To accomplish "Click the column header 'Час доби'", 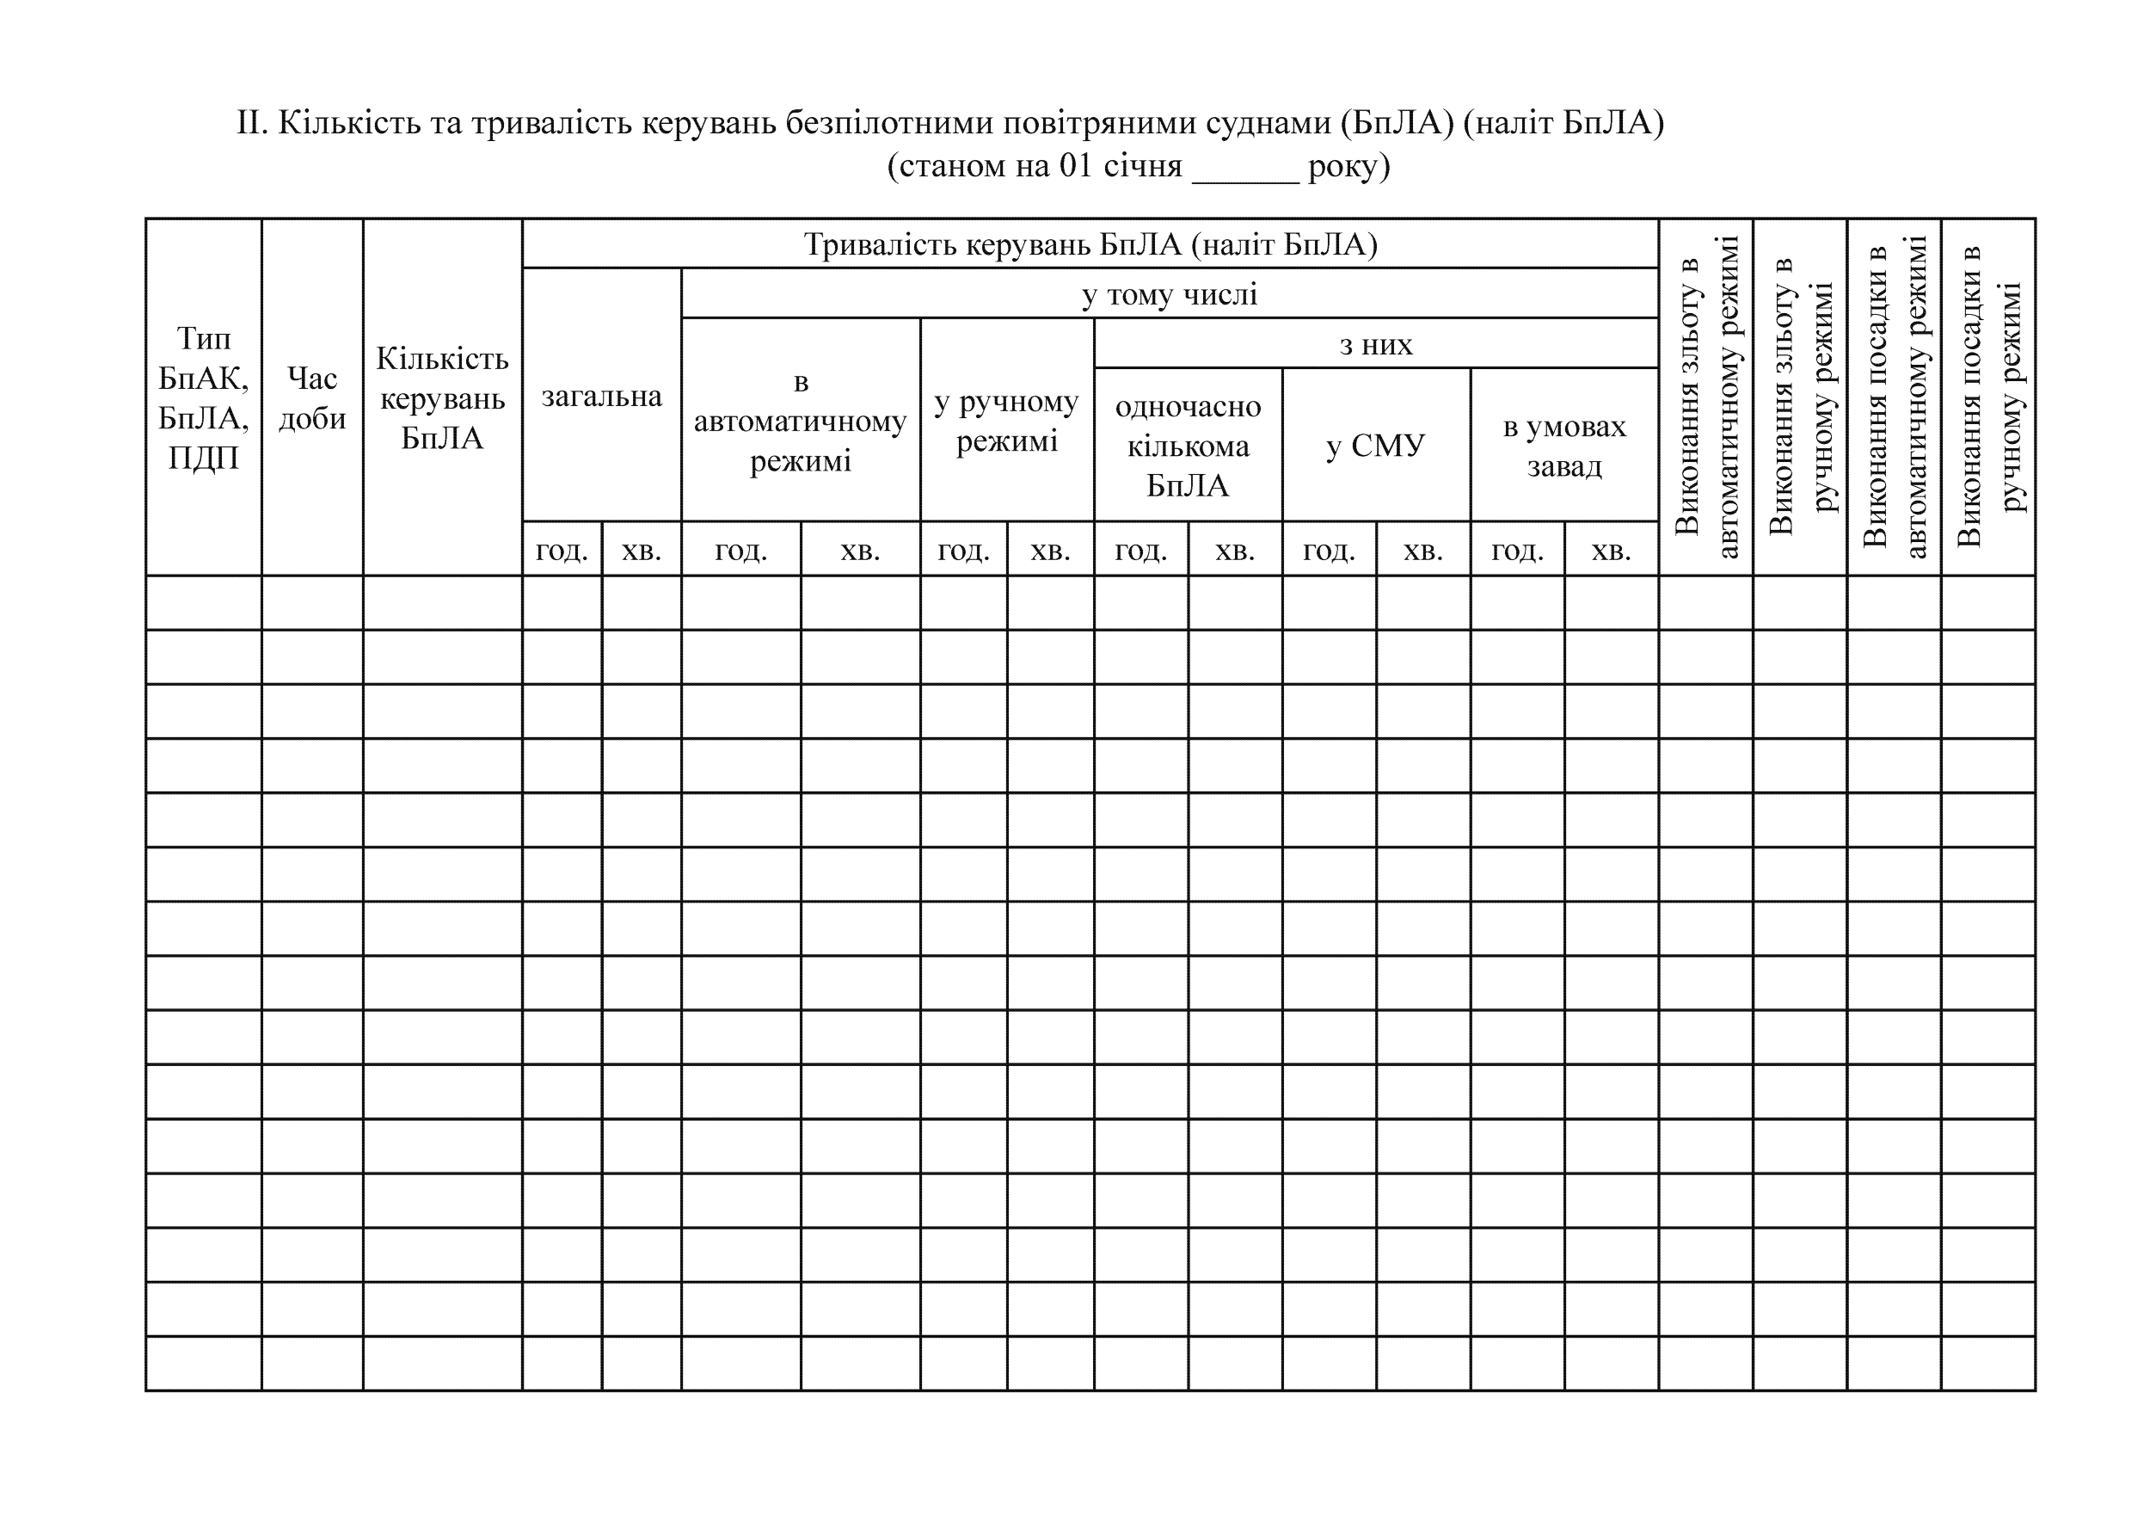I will (312, 398).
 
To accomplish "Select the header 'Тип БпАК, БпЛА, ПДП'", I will (203, 398).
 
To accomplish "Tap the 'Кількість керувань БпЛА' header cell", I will (442, 398).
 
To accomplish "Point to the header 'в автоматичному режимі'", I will (801, 421).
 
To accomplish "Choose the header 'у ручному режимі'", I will (1007, 421).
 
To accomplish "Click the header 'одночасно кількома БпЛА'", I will (1188, 445).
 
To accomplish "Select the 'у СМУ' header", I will (1376, 445).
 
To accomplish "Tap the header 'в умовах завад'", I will (1563, 445).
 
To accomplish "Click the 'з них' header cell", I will (1376, 344).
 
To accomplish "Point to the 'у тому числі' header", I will (1170, 294).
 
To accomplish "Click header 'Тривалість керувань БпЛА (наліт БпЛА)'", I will (1090, 244).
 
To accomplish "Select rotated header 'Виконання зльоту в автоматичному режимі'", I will (1705, 397).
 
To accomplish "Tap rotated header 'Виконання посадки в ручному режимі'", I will (1988, 397).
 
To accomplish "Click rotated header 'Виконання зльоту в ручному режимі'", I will (1800, 397).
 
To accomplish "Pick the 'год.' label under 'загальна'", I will (562, 550).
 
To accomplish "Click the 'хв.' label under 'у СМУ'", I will (1422, 550).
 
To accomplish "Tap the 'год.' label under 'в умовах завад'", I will (1517, 550).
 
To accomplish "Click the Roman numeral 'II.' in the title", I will (252, 123).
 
